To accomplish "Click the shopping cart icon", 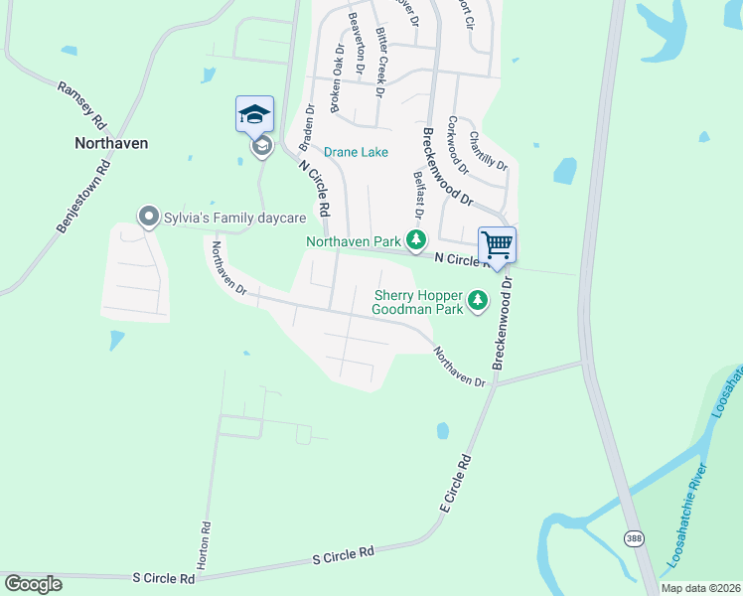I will (497, 243).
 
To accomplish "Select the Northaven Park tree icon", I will (416, 240).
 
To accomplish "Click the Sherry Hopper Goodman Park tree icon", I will (478, 299).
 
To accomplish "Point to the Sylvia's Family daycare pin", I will (149, 216).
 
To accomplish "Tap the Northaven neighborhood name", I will (111, 143).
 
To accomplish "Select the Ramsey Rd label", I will (81, 106).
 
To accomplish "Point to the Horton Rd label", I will (204, 545).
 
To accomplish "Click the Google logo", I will (33, 584).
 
